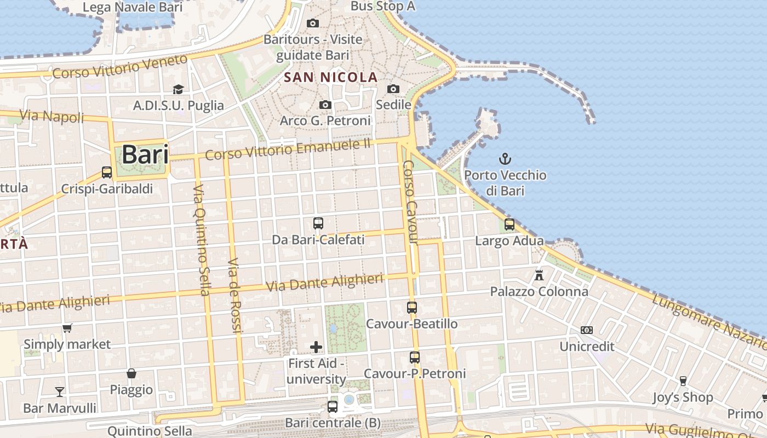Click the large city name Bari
[145, 154]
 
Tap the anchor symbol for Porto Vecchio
[505, 159]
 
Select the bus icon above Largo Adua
[510, 224]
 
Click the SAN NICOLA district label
[331, 77]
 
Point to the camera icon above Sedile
[393, 89]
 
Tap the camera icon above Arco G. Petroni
[325, 105]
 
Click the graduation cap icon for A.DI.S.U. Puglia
[178, 89]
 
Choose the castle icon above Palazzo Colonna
[539, 275]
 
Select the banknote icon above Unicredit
[587, 330]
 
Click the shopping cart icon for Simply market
[67, 328]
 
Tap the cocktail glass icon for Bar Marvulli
[59, 391]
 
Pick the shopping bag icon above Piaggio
[131, 373]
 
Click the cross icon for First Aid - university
[316, 347]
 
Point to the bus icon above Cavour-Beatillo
[412, 308]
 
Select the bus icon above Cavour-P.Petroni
[415, 358]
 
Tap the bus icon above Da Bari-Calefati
[318, 223]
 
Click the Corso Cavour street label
[410, 203]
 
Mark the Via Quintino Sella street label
[201, 239]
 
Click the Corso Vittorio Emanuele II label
[288, 149]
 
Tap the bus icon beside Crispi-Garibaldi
[107, 172]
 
